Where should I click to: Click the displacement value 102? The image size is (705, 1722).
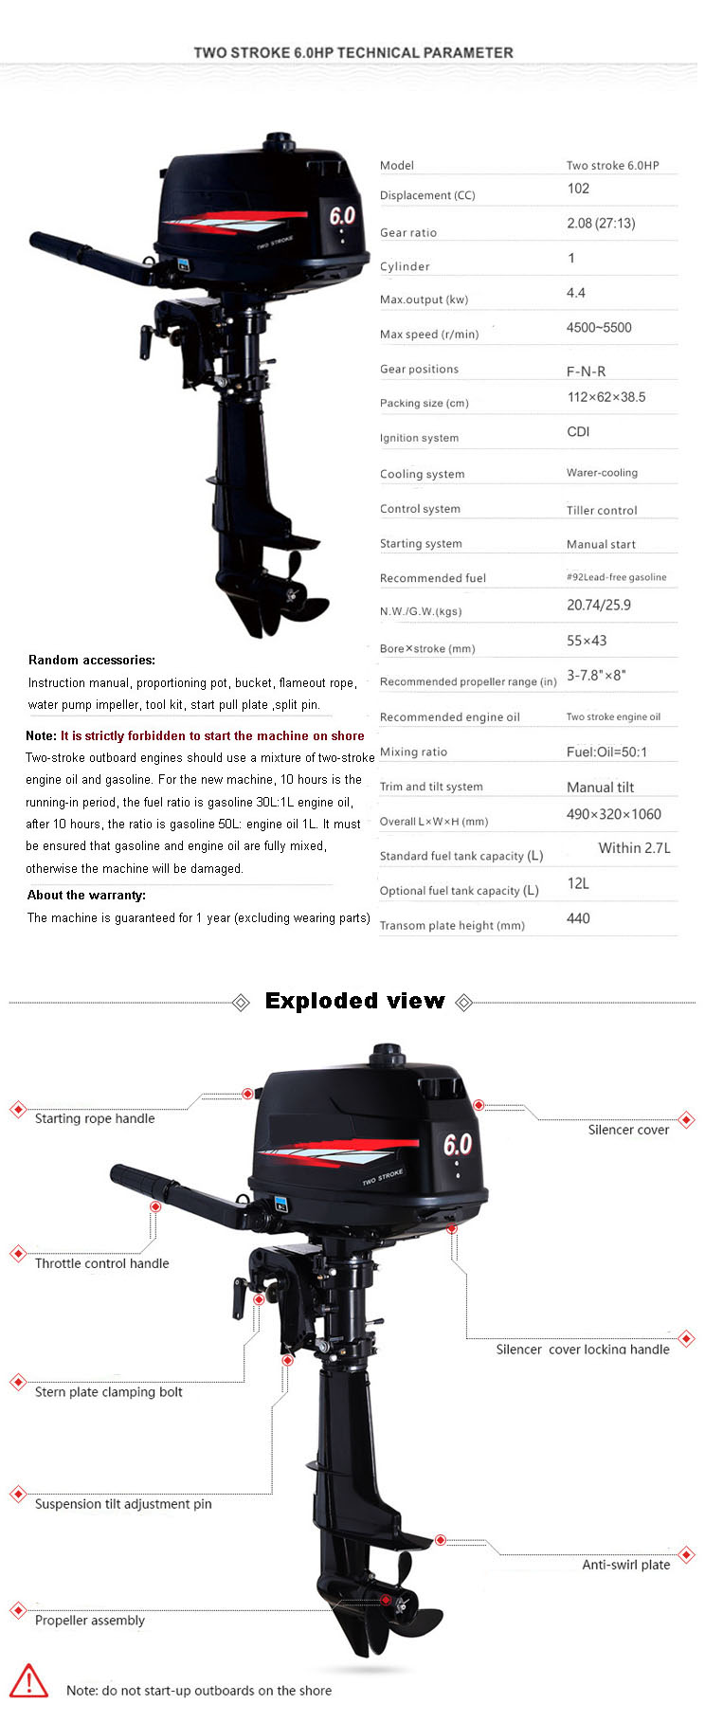coord(578,189)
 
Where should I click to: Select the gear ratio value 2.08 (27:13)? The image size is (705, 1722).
coord(601,224)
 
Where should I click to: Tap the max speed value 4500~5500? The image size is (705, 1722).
coord(598,328)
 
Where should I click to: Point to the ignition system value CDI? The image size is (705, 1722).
coord(578,432)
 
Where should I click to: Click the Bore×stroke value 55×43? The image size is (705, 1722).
coord(587,641)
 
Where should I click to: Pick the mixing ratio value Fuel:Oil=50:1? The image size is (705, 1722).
coord(606,752)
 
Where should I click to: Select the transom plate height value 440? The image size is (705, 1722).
coord(578,918)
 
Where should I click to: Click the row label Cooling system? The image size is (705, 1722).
coord(422,474)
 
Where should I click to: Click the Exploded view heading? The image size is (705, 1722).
coord(354,1001)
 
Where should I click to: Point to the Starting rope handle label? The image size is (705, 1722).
coord(95,1118)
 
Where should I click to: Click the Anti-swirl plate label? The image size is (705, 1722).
coord(625,1565)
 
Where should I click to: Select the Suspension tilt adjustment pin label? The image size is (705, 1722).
coord(123,1504)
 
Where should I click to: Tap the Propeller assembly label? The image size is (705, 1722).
coord(90,1621)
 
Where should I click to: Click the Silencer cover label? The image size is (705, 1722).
coord(628,1130)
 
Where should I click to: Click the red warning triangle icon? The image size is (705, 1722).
coord(28,1681)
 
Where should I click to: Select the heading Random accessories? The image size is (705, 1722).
coord(92,660)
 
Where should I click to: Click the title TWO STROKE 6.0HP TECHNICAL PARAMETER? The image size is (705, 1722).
coord(353,53)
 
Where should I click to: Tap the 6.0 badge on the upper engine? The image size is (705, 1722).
coord(342,216)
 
